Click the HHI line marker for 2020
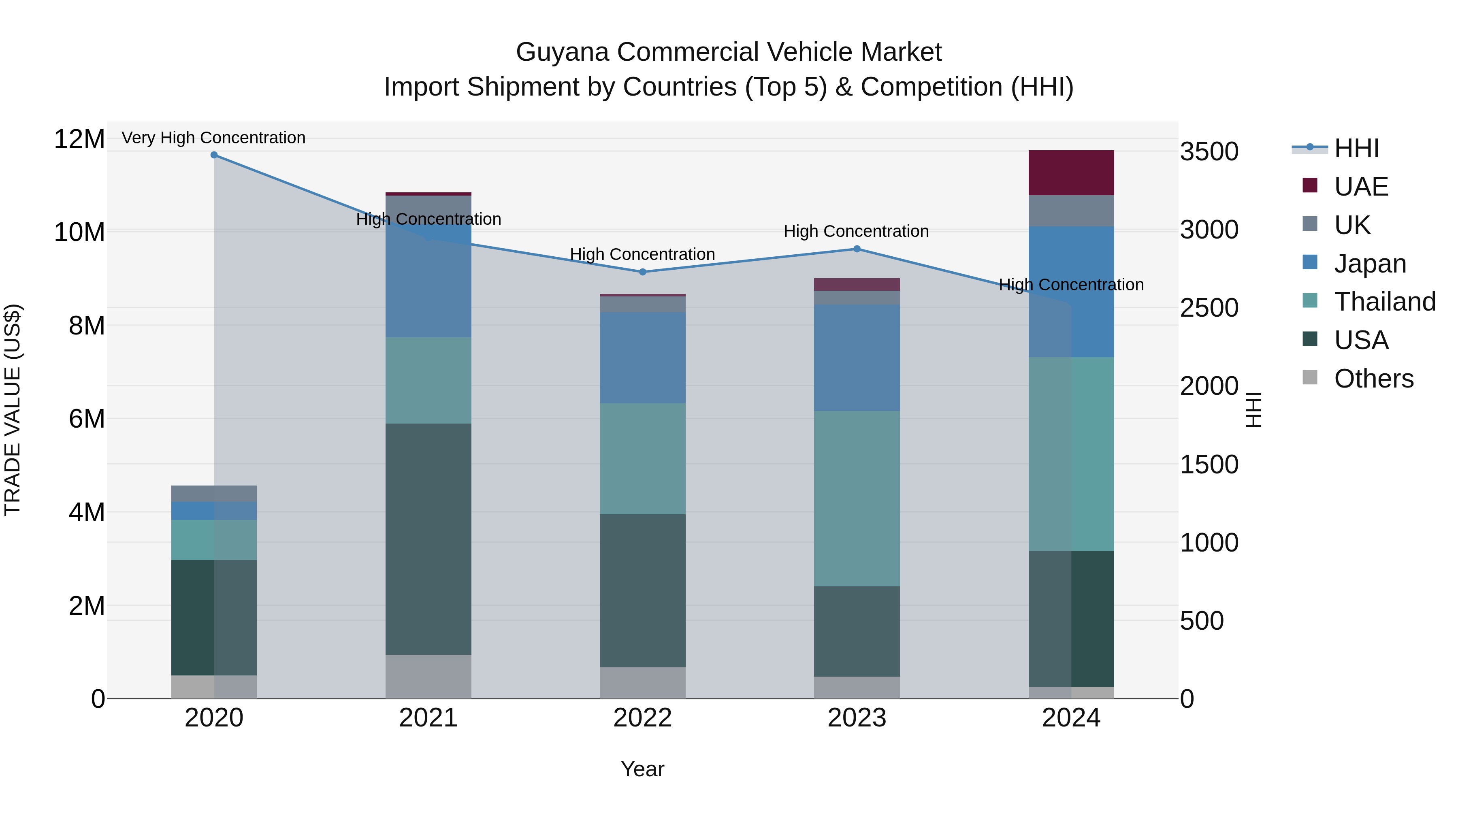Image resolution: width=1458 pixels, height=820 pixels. [214, 155]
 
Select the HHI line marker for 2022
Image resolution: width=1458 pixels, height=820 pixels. [642, 272]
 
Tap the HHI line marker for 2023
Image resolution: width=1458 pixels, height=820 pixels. [856, 249]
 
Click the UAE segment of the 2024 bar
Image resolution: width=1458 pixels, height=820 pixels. [1071, 173]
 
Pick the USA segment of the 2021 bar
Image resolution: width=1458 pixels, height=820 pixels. [428, 539]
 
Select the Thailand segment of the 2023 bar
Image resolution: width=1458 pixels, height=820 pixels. [856, 498]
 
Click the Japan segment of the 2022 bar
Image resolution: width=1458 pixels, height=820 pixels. [642, 358]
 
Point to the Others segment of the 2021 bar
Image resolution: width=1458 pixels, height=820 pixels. [428, 676]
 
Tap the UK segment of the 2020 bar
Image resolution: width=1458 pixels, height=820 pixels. [214, 494]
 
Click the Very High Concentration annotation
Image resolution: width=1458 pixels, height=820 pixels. [213, 138]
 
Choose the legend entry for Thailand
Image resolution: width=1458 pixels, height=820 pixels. [1384, 302]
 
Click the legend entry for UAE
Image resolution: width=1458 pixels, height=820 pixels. [1361, 187]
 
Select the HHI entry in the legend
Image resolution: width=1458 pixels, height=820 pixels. [1356, 148]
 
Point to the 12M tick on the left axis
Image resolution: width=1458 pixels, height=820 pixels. [79, 139]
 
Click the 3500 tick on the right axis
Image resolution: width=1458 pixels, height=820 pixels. [1209, 152]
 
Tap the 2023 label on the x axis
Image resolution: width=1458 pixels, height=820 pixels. [856, 718]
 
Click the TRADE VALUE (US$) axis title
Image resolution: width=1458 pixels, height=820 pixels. [13, 410]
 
